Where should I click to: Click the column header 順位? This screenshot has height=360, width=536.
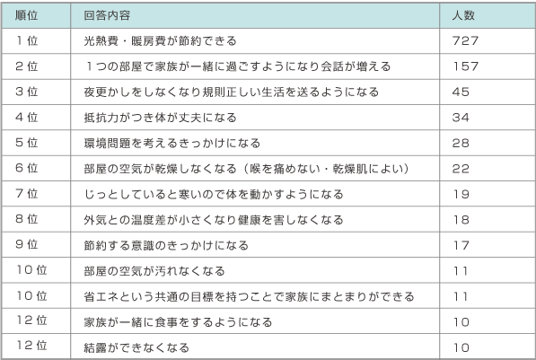pyautogui.click(x=26, y=15)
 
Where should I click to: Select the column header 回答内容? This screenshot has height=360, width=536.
pyautogui.click(x=107, y=15)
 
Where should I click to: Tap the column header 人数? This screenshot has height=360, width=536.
pyautogui.click(x=463, y=15)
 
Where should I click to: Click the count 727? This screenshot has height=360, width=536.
pyautogui.click(x=465, y=40)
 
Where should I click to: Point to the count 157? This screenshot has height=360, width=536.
pyautogui.click(x=466, y=66)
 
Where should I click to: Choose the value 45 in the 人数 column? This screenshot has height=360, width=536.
pyautogui.click(x=461, y=92)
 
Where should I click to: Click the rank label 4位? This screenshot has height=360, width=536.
pyautogui.click(x=26, y=118)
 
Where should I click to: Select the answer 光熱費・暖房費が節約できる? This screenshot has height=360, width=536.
pyautogui.click(x=161, y=41)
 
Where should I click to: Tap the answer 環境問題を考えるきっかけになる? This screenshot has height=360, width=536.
pyautogui.click(x=172, y=144)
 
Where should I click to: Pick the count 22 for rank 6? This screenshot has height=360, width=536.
pyautogui.click(x=461, y=169)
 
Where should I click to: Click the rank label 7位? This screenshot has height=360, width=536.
pyautogui.click(x=26, y=194)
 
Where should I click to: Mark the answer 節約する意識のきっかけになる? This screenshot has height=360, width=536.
pyautogui.click(x=166, y=245)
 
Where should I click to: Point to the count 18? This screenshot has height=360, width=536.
pyautogui.click(x=461, y=220)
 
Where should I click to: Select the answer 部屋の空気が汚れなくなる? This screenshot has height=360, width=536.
pyautogui.click(x=154, y=271)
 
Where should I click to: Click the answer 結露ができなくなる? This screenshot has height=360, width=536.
pyautogui.click(x=136, y=347)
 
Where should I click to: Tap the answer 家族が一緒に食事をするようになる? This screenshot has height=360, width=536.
pyautogui.click(x=178, y=322)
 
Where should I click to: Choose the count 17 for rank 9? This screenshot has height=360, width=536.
pyautogui.click(x=461, y=245)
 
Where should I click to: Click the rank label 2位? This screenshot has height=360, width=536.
pyautogui.click(x=26, y=66)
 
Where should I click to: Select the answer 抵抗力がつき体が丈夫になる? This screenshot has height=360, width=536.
pyautogui.click(x=161, y=118)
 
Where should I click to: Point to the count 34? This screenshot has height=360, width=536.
pyautogui.click(x=461, y=118)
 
